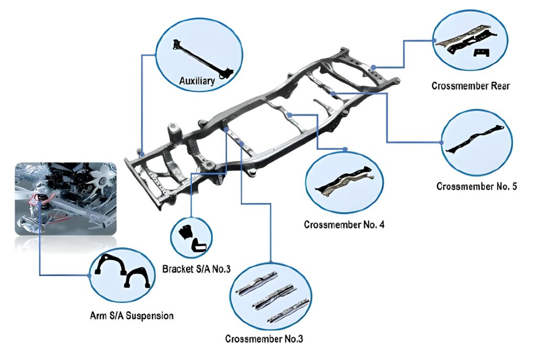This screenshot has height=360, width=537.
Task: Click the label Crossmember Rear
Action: tap(470, 85)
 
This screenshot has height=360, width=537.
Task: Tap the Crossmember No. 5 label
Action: tap(477, 186)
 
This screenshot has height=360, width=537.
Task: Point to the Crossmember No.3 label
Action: tap(264, 339)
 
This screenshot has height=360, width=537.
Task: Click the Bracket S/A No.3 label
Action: tap(197, 269)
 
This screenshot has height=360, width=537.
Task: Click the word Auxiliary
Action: tap(197, 81)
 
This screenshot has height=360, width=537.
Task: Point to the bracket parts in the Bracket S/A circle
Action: tap(192, 238)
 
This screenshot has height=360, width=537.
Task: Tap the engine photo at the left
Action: tap(65, 198)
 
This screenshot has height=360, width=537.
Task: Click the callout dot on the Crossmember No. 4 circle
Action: tap(345, 149)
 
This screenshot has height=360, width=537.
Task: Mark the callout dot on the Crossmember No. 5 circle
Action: tap(441, 141)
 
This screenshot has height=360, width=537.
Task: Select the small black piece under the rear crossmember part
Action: tap(481, 52)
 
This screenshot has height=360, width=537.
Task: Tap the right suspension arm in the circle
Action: tap(138, 276)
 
